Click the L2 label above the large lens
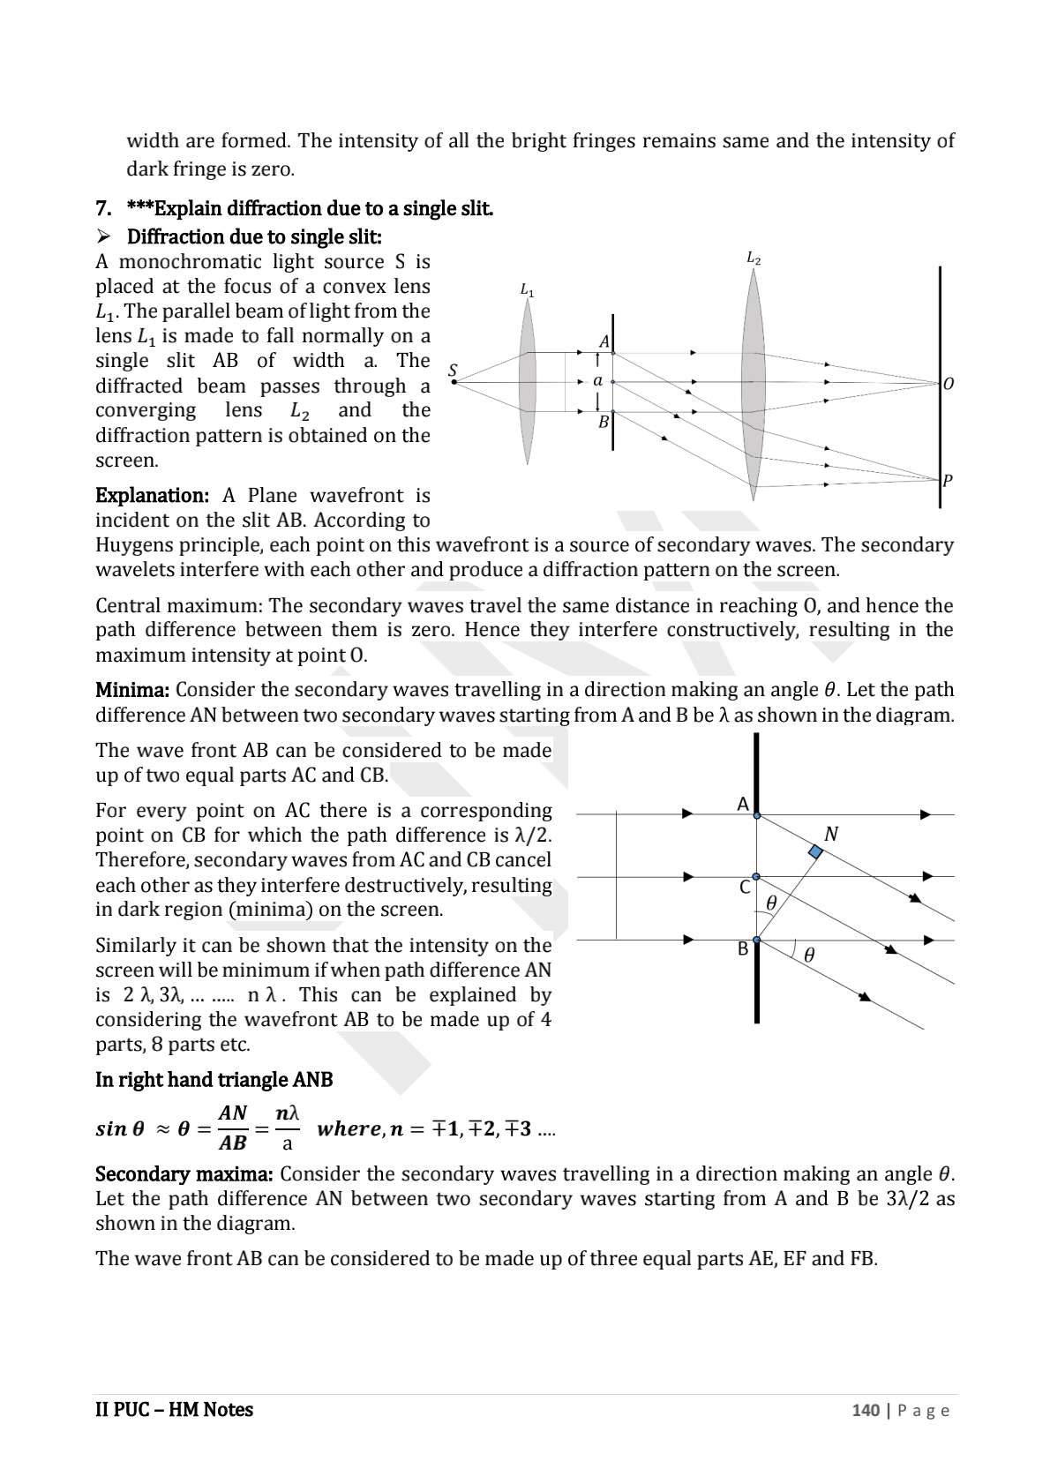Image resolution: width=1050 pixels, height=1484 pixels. [754, 259]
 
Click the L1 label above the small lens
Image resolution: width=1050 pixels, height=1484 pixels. [527, 290]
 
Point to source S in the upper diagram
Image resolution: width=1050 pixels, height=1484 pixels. [454, 371]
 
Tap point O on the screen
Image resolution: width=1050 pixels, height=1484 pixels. [949, 384]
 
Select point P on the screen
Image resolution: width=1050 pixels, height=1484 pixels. [948, 481]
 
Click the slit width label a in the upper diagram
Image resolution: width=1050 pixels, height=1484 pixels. [598, 381]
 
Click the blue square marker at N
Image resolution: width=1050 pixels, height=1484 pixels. [816, 852]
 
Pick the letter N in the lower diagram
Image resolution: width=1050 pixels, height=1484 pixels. [830, 834]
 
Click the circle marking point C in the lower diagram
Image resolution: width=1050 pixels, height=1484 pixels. [756, 877]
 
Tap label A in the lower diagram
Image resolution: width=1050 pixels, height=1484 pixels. [743, 804]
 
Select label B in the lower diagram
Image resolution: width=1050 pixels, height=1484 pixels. [743, 949]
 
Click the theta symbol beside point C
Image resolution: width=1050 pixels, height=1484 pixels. [772, 903]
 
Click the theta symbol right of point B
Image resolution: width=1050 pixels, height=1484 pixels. [809, 955]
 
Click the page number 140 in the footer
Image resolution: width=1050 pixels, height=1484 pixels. [866, 1410]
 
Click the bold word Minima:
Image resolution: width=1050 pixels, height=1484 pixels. [131, 689]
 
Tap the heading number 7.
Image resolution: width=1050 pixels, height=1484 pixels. [103, 209]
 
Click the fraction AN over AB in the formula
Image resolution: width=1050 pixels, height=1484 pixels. [233, 1128]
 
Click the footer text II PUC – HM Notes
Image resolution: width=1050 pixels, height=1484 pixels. [174, 1410]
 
